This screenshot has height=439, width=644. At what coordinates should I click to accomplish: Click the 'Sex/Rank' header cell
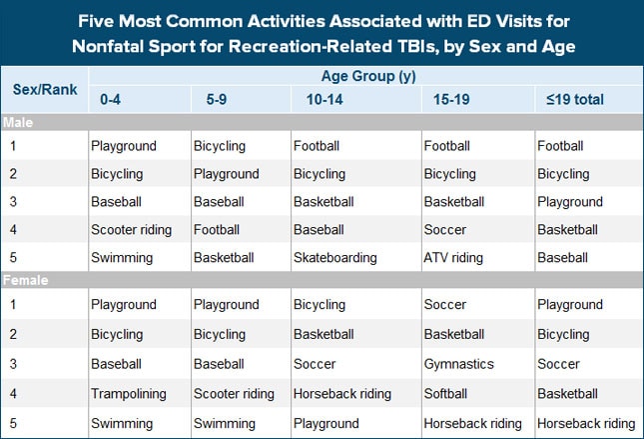coord(44,88)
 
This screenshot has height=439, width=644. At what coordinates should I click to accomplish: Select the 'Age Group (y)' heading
coord(363,76)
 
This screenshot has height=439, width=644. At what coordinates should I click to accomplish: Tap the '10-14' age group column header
coord(311,100)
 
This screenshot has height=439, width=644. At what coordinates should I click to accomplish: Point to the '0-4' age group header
coord(111,100)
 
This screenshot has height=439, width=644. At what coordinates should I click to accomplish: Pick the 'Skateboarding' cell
coord(335,257)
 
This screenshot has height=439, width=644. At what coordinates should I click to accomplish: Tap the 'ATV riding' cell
coord(454,257)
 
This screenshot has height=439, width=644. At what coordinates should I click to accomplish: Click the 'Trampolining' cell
coord(129,394)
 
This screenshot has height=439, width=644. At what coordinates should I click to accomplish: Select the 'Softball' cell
coord(448,394)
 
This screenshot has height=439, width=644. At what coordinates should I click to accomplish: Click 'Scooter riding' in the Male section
coord(132,229)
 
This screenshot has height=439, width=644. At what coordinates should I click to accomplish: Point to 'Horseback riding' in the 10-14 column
coord(342,394)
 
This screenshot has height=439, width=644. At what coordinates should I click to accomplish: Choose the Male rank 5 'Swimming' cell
coord(123,257)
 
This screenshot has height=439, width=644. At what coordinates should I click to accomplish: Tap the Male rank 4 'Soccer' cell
coord(445,229)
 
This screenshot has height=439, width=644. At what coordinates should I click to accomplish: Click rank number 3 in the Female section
coord(14,364)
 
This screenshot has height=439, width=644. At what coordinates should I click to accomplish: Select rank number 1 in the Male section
coord(14,146)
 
